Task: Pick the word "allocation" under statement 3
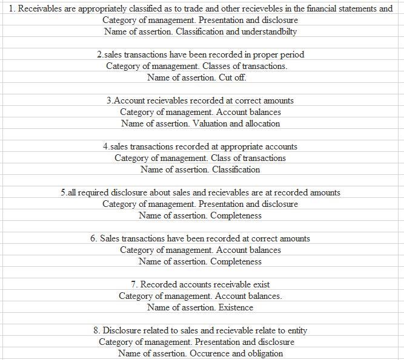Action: tap(260, 123)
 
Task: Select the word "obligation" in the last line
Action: tap(263, 353)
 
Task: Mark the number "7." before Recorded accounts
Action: tap(134, 284)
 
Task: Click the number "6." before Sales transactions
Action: tap(94, 238)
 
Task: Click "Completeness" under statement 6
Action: tap(236, 261)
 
